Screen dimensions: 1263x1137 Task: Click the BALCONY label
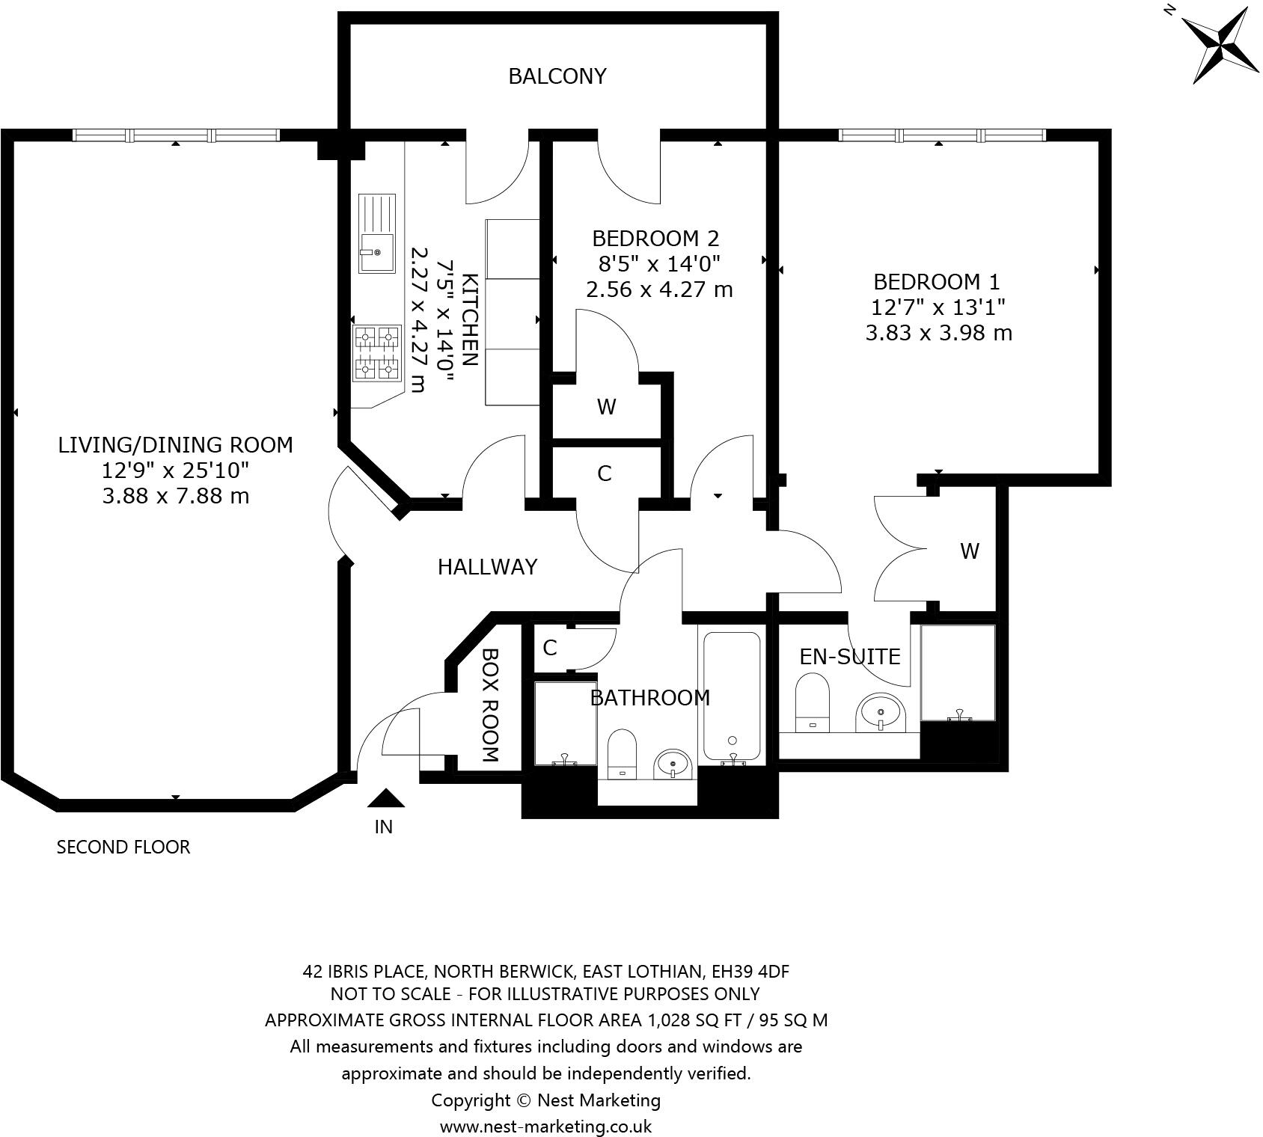coord(557,76)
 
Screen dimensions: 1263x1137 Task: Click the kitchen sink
coord(376,233)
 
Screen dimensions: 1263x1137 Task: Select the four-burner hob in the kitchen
coord(377,353)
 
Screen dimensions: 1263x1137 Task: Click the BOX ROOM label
coord(490,704)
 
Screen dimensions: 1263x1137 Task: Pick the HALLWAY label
coord(487,567)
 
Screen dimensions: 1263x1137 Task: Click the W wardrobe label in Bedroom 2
coord(606,407)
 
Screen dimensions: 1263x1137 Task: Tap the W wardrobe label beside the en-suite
coord(969,551)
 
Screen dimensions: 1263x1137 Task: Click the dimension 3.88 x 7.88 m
coord(176,496)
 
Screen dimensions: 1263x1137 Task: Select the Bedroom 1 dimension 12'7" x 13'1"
coord(938,307)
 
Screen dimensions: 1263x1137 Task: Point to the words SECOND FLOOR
coord(123,847)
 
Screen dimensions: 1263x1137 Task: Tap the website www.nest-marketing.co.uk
coord(545,1127)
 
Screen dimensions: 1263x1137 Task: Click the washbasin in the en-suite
coord(881,713)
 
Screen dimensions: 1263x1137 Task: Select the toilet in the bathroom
coord(622,755)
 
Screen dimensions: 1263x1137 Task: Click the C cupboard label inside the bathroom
coord(550,648)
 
